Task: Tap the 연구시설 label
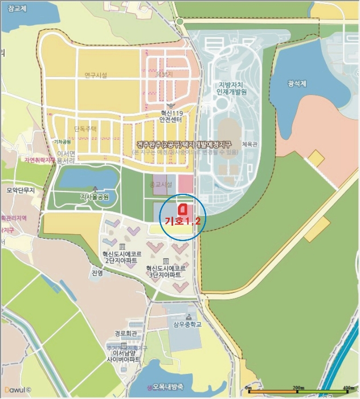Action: pyautogui.click(x=96, y=75)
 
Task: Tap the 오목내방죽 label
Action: pyautogui.click(x=163, y=387)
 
